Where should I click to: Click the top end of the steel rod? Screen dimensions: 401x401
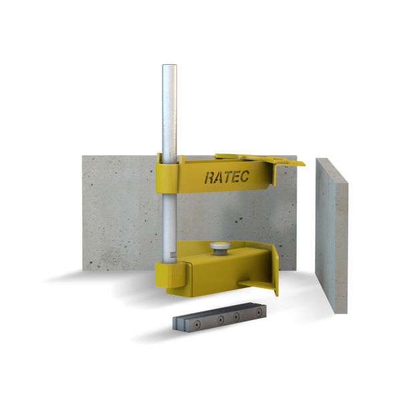pyautogui.click(x=168, y=67)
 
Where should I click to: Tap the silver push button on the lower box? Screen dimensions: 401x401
pyautogui.click(x=219, y=248)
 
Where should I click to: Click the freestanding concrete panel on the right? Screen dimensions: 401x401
pyautogui.click(x=331, y=234)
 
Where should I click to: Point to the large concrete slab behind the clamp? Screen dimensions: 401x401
pyautogui.click(x=120, y=214)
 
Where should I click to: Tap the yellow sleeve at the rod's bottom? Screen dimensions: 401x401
pyautogui.click(x=171, y=274)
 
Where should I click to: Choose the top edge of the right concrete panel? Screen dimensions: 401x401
pyautogui.click(x=331, y=162)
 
